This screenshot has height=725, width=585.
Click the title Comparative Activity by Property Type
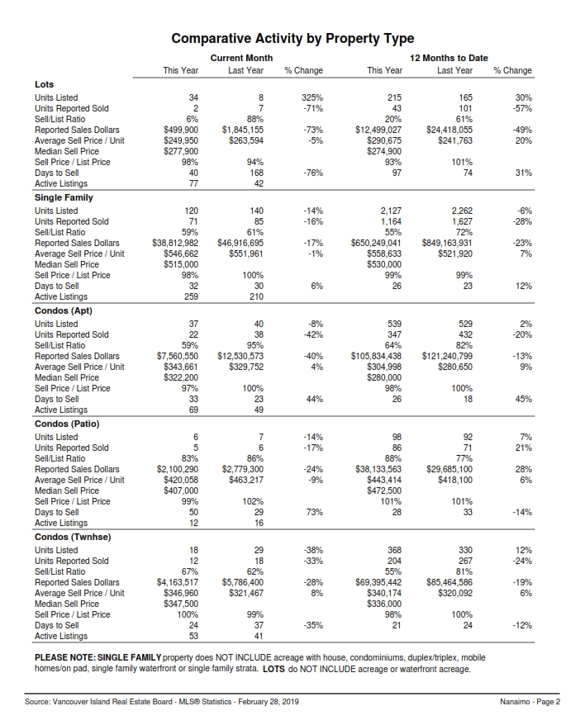[x=292, y=39]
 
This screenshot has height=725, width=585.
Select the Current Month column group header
[x=241, y=58]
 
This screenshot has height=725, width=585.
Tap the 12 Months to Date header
[x=449, y=58]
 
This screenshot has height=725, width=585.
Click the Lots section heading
[x=44, y=84]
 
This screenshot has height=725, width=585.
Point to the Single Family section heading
[x=64, y=197]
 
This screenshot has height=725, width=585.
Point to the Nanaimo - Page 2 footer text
[x=530, y=702]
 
